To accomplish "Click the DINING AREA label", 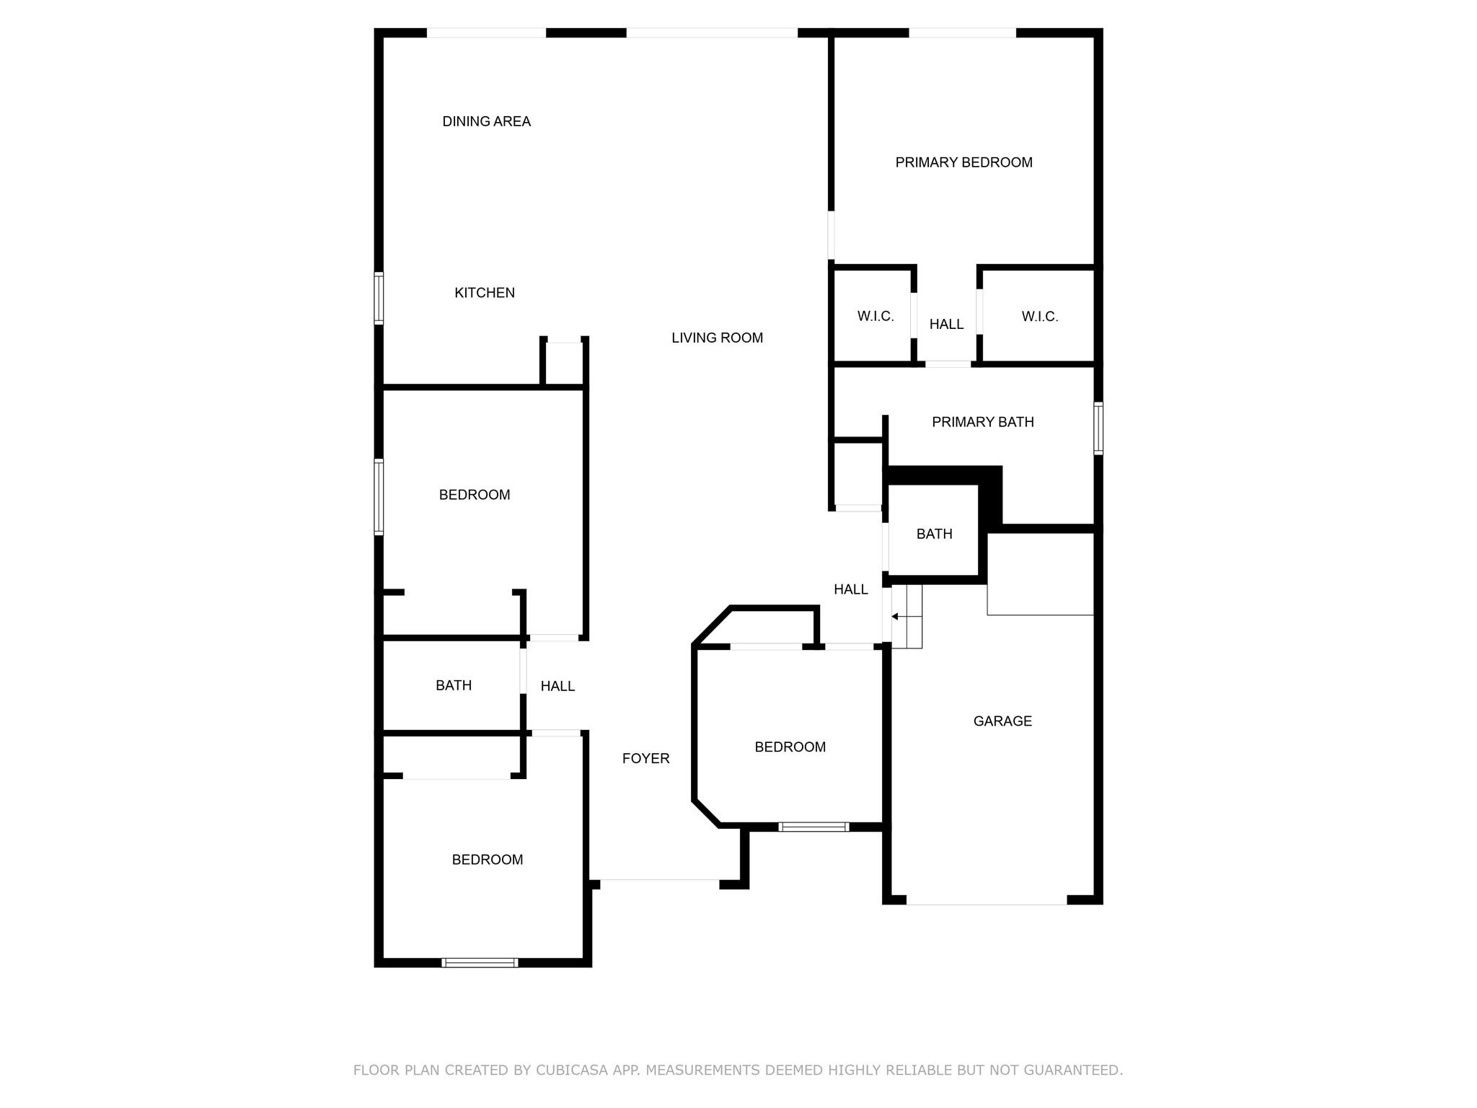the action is (486, 121).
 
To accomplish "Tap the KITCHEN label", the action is (485, 293).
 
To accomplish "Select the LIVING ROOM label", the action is (717, 338).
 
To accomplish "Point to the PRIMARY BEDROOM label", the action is (964, 162).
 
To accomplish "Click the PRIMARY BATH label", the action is (982, 422).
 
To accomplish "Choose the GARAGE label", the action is (1002, 721).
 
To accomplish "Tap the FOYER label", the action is (645, 758).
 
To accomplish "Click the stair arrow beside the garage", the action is (907, 617).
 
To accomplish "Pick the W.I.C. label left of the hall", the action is (876, 317).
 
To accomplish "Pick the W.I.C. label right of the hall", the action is (1039, 317).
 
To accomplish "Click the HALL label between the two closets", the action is (946, 325).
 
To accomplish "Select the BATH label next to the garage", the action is (934, 534).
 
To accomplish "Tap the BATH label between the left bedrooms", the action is (454, 685).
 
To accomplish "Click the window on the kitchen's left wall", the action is (379, 298).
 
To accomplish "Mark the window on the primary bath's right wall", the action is (1098, 428).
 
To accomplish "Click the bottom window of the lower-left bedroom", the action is (480, 962).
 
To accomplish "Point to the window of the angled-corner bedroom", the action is (814, 827).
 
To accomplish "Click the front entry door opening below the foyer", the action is (659, 880).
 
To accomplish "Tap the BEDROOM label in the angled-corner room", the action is (790, 747).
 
